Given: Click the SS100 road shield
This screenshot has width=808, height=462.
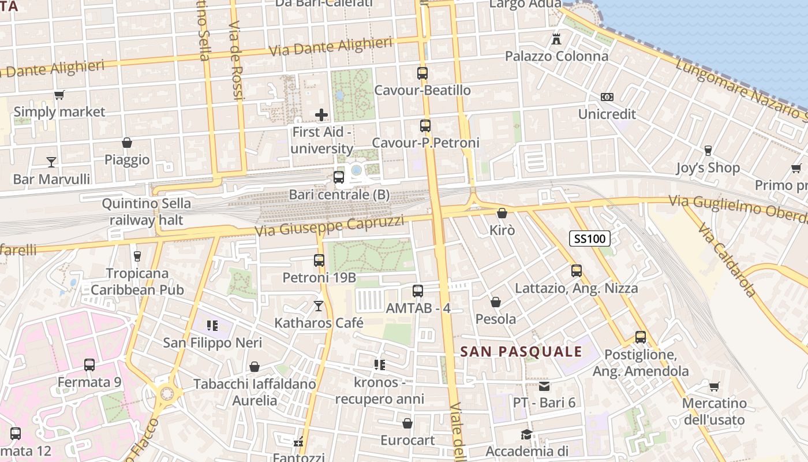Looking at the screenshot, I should (x=590, y=238).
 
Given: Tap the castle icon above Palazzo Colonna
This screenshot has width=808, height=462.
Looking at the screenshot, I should (x=556, y=39).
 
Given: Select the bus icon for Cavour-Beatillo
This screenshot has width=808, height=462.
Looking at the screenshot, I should (x=422, y=73).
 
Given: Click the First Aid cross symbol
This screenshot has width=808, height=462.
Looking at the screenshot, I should (x=321, y=115).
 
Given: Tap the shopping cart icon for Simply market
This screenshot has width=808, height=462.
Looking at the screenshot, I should (x=59, y=95).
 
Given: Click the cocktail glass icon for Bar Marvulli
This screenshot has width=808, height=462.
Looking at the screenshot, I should (x=51, y=162).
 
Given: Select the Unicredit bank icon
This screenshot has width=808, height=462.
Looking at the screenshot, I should (x=607, y=97).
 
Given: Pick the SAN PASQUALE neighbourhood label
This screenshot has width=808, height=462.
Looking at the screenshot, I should (x=521, y=352).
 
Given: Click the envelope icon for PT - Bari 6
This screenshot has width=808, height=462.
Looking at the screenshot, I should (x=544, y=386).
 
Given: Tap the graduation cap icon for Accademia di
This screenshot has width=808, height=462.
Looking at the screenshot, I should (x=526, y=434).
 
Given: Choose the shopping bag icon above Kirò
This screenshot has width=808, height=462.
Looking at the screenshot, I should (x=502, y=213).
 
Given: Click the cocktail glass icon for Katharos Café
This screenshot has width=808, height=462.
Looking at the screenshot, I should (x=319, y=305).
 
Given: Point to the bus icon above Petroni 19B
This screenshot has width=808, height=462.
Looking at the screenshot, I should (x=319, y=260).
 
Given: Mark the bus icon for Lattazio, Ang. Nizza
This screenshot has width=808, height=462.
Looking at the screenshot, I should (x=576, y=271).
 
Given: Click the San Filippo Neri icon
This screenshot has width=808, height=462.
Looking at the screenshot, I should (x=212, y=326).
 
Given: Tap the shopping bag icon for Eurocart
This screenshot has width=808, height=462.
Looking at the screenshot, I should (x=407, y=423).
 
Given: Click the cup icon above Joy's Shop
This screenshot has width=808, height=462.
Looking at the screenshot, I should (x=708, y=151).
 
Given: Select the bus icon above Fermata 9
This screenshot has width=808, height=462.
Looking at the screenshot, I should (x=89, y=365).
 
